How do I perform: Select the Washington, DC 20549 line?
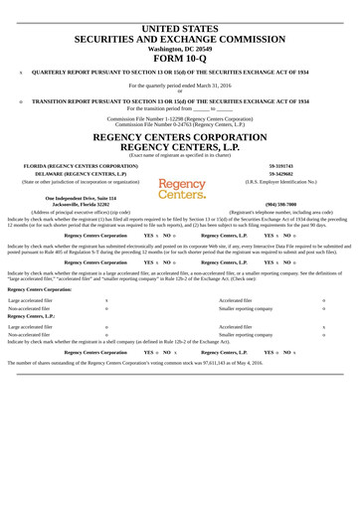pos(179,48)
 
